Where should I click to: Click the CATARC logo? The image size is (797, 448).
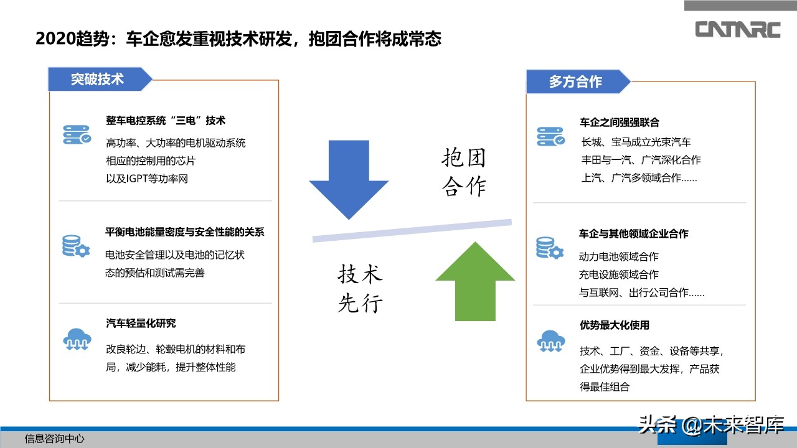point(738,29)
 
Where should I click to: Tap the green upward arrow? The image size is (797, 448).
point(475,281)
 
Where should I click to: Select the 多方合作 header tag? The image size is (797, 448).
point(576,82)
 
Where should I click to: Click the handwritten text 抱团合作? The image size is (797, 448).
point(464,172)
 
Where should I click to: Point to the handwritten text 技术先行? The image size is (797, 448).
point(360,289)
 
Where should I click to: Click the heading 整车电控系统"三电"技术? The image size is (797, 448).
point(166,121)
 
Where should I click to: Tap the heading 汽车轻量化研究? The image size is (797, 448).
point(141,324)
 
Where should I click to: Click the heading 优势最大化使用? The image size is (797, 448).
point(614,325)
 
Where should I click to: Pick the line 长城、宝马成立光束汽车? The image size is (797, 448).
point(636,142)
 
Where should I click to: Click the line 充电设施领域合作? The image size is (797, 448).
point(618,274)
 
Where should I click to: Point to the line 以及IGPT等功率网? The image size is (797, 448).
point(147,179)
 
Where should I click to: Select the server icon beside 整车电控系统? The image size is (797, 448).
point(77,135)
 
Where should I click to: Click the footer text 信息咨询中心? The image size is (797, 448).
point(54,439)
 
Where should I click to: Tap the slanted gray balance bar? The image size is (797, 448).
point(412,230)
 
